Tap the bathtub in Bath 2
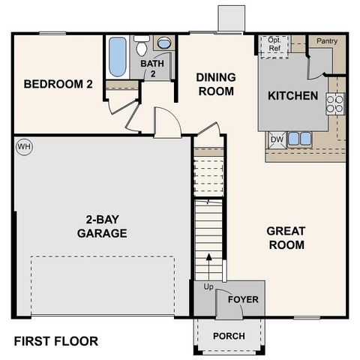(117, 57)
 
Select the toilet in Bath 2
(141, 46)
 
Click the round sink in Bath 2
(163, 43)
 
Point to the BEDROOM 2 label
(58, 84)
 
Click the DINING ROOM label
(216, 84)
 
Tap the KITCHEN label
(292, 96)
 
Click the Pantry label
(326, 40)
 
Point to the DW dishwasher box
(276, 138)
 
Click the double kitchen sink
(299, 138)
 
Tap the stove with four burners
(334, 103)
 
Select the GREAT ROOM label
(286, 238)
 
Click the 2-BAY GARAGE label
(101, 226)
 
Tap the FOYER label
(243, 299)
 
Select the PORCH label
(229, 336)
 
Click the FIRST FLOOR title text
(56, 341)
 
